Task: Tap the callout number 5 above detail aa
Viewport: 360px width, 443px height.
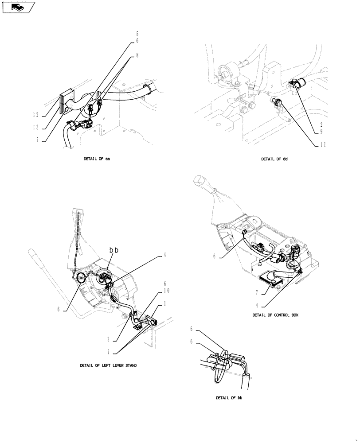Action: pos(136,33)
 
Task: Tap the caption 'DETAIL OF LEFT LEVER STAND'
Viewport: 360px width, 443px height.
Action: pos(108,365)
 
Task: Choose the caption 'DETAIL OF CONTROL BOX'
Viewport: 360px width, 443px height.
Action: pos(275,315)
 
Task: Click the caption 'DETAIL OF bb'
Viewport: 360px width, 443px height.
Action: pos(229,398)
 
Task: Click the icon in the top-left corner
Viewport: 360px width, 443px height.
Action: pos(18,7)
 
